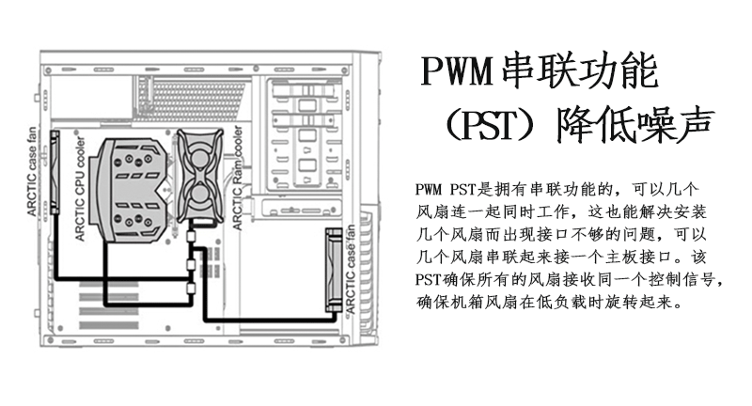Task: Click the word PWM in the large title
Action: tap(458, 70)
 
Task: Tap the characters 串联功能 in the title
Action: tap(579, 70)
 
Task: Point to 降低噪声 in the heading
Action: tap(634, 125)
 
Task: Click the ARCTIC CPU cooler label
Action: tap(80, 188)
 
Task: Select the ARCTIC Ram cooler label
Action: tap(237, 178)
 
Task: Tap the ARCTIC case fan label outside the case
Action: tap(32, 171)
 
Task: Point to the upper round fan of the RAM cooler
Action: tap(199, 158)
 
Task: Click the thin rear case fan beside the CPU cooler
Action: tap(55, 173)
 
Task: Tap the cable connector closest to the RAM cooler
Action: tap(191, 236)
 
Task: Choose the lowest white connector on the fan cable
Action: tap(191, 289)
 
